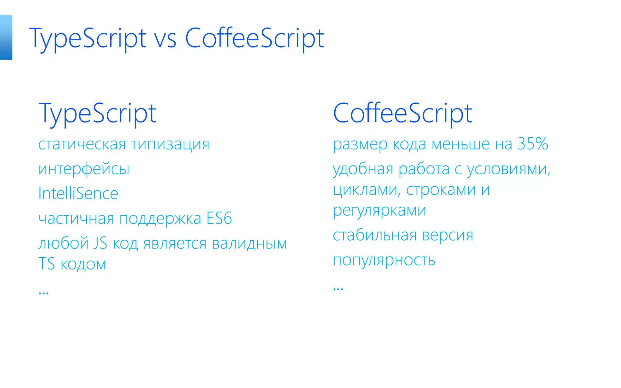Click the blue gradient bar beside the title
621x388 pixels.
pos(6,37)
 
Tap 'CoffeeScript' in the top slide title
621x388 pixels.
pos(254,39)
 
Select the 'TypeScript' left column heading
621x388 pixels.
pos(97,114)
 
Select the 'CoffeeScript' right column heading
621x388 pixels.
pos(402,114)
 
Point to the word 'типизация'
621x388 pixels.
pos(170,144)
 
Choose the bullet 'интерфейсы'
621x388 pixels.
pos(84,169)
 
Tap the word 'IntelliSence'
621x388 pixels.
pos(78,193)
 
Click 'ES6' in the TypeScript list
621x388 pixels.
pos(219,218)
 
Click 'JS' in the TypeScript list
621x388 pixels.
pos(100,243)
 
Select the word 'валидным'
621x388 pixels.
pos(249,243)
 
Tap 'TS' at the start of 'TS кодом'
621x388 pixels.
pos(46,264)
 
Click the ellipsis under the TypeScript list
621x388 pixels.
pos(44,293)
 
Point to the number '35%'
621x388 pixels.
pos(533,144)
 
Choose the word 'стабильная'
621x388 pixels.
pos(374,235)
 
